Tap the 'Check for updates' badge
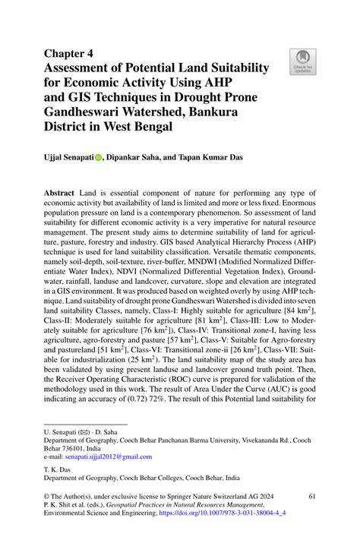click(x=302, y=62)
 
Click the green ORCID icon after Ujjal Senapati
click(x=98, y=159)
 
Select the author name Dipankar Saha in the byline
click(x=134, y=158)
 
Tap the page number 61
click(x=311, y=494)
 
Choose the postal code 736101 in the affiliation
click(x=73, y=449)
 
